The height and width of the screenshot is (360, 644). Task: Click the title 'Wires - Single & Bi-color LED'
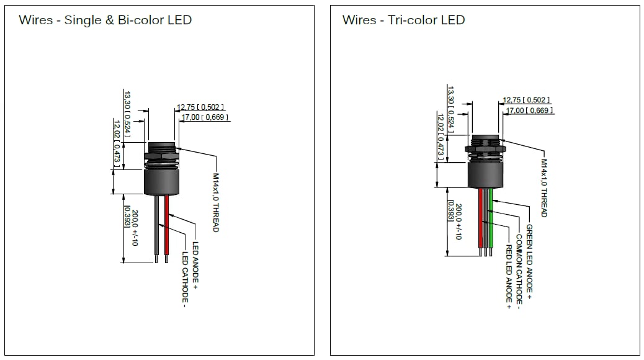tap(105, 20)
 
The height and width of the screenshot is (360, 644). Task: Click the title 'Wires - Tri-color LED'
tap(403, 20)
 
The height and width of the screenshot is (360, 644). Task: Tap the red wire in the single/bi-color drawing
tap(166, 227)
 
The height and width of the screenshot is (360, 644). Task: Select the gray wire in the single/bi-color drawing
tap(156, 227)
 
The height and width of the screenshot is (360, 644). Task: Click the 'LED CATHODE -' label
tap(184, 279)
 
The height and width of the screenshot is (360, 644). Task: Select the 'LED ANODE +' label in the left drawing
tap(195, 267)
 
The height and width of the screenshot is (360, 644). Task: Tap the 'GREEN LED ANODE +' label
tap(529, 259)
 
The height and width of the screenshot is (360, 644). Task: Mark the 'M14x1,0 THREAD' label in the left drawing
tap(216, 202)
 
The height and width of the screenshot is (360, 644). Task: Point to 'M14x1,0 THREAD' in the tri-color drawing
tap(543, 187)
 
